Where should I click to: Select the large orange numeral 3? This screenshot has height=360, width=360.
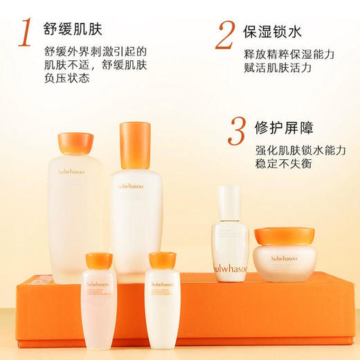click(x=237, y=132)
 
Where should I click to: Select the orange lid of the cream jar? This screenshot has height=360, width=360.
click(x=284, y=236)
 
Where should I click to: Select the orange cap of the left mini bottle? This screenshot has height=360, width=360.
click(x=98, y=261)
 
